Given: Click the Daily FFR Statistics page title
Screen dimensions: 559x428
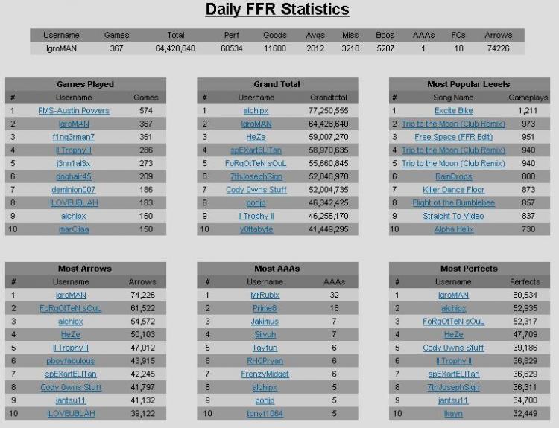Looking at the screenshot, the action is pyautogui.click(x=277, y=9).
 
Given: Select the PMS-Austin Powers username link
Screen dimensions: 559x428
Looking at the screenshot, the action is pyautogui.click(x=74, y=111).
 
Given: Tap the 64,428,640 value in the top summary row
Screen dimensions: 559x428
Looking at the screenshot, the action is pyautogui.click(x=175, y=48).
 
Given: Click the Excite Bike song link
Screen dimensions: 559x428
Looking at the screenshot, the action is pyautogui.click(x=453, y=111).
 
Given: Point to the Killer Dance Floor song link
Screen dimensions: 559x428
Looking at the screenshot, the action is pyautogui.click(x=453, y=190).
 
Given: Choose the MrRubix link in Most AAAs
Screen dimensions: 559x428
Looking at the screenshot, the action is pyautogui.click(x=265, y=296).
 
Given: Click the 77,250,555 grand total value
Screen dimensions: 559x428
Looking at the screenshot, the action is pyautogui.click(x=329, y=111).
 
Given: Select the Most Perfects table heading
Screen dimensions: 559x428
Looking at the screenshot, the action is pyautogui.click(x=469, y=269).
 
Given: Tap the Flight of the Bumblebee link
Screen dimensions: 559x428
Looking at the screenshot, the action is pyautogui.click(x=453, y=203).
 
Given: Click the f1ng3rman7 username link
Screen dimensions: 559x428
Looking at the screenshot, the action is pyautogui.click(x=74, y=137).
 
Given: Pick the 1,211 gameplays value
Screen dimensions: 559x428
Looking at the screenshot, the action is pyautogui.click(x=528, y=111).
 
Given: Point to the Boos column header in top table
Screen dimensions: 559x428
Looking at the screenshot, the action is pyautogui.click(x=385, y=35).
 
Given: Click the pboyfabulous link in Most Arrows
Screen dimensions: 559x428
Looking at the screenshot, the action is pyautogui.click(x=71, y=361).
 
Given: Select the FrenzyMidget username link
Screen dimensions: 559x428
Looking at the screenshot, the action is pyautogui.click(x=265, y=374).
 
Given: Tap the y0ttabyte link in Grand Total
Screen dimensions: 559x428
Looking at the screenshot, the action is pyautogui.click(x=256, y=229).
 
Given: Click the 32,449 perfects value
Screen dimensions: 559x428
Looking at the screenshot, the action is pyautogui.click(x=525, y=414).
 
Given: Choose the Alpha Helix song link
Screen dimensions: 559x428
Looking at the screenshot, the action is pyautogui.click(x=453, y=229).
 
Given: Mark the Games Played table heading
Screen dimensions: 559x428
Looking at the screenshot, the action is pyautogui.click(x=85, y=84).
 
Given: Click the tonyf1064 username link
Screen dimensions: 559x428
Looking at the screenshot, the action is pyautogui.click(x=265, y=414).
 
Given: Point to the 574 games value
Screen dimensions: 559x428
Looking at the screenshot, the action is pyautogui.click(x=146, y=111).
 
